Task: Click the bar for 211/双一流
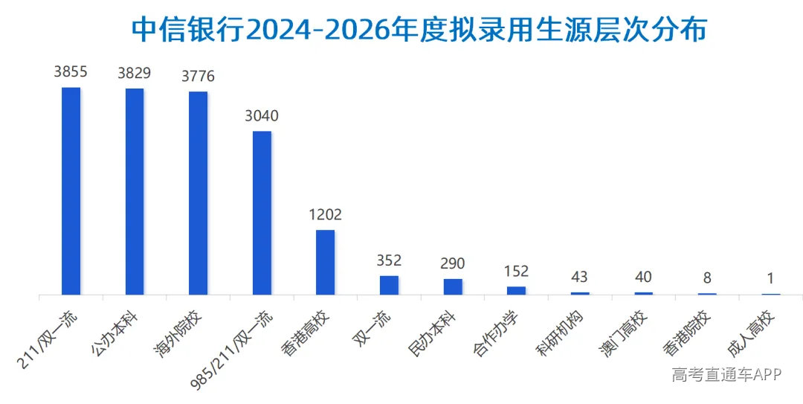(x=71, y=191)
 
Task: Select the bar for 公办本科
(x=135, y=192)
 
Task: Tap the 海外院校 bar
(x=199, y=193)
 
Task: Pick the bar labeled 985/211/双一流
(x=262, y=214)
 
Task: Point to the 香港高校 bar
(x=325, y=263)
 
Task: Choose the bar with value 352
(x=389, y=286)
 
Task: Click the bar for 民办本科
(x=453, y=287)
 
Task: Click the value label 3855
(x=71, y=71)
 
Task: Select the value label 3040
(x=262, y=116)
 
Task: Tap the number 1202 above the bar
(x=325, y=214)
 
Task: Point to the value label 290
(x=453, y=263)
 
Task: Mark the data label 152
(x=516, y=272)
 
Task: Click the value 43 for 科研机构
(x=579, y=278)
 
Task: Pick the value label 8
(x=707, y=278)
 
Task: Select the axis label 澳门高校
(x=623, y=333)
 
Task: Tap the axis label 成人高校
(x=751, y=333)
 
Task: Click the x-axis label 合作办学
(x=496, y=333)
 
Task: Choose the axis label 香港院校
(x=687, y=333)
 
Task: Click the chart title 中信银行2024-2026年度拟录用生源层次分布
(x=419, y=29)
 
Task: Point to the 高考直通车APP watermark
(x=726, y=374)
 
